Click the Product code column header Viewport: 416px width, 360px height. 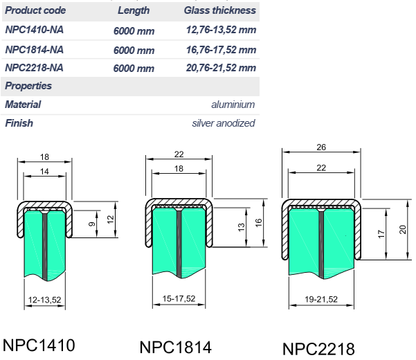(35, 10)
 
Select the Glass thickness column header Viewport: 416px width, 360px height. (220, 10)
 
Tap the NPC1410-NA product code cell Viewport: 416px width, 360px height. (34, 30)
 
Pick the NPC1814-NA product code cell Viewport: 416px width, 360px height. (34, 50)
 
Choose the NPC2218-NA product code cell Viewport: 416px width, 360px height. (34, 68)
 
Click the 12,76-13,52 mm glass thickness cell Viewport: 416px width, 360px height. (221, 30)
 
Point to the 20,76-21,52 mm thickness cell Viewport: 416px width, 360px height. (221, 68)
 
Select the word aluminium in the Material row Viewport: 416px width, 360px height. (233, 105)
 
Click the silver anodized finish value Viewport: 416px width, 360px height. (224, 123)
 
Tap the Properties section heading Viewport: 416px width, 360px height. (28, 86)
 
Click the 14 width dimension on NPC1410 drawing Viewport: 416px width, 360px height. (44, 172)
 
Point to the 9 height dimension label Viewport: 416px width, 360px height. (91, 224)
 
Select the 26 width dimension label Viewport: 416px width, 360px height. (321, 147)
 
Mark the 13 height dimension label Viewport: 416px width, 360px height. (241, 227)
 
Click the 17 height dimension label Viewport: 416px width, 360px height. (381, 234)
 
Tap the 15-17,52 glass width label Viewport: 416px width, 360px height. (179, 298)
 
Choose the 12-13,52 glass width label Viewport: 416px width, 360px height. (44, 300)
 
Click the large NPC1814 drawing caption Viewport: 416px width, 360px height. (176, 348)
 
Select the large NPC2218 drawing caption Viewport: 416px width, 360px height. (318, 349)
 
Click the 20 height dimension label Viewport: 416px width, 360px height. (402, 229)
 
